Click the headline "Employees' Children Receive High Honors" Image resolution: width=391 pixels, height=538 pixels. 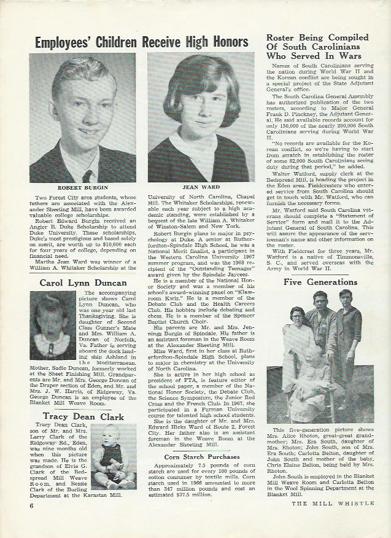click(x=141, y=42)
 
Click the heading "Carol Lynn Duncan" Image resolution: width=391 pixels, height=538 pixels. click(x=83, y=283)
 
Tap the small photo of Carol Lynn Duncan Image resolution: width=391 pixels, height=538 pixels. click(x=53, y=326)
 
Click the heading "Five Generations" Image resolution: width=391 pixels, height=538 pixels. click(x=321, y=282)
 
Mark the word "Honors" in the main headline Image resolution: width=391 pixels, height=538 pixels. click(x=226, y=42)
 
